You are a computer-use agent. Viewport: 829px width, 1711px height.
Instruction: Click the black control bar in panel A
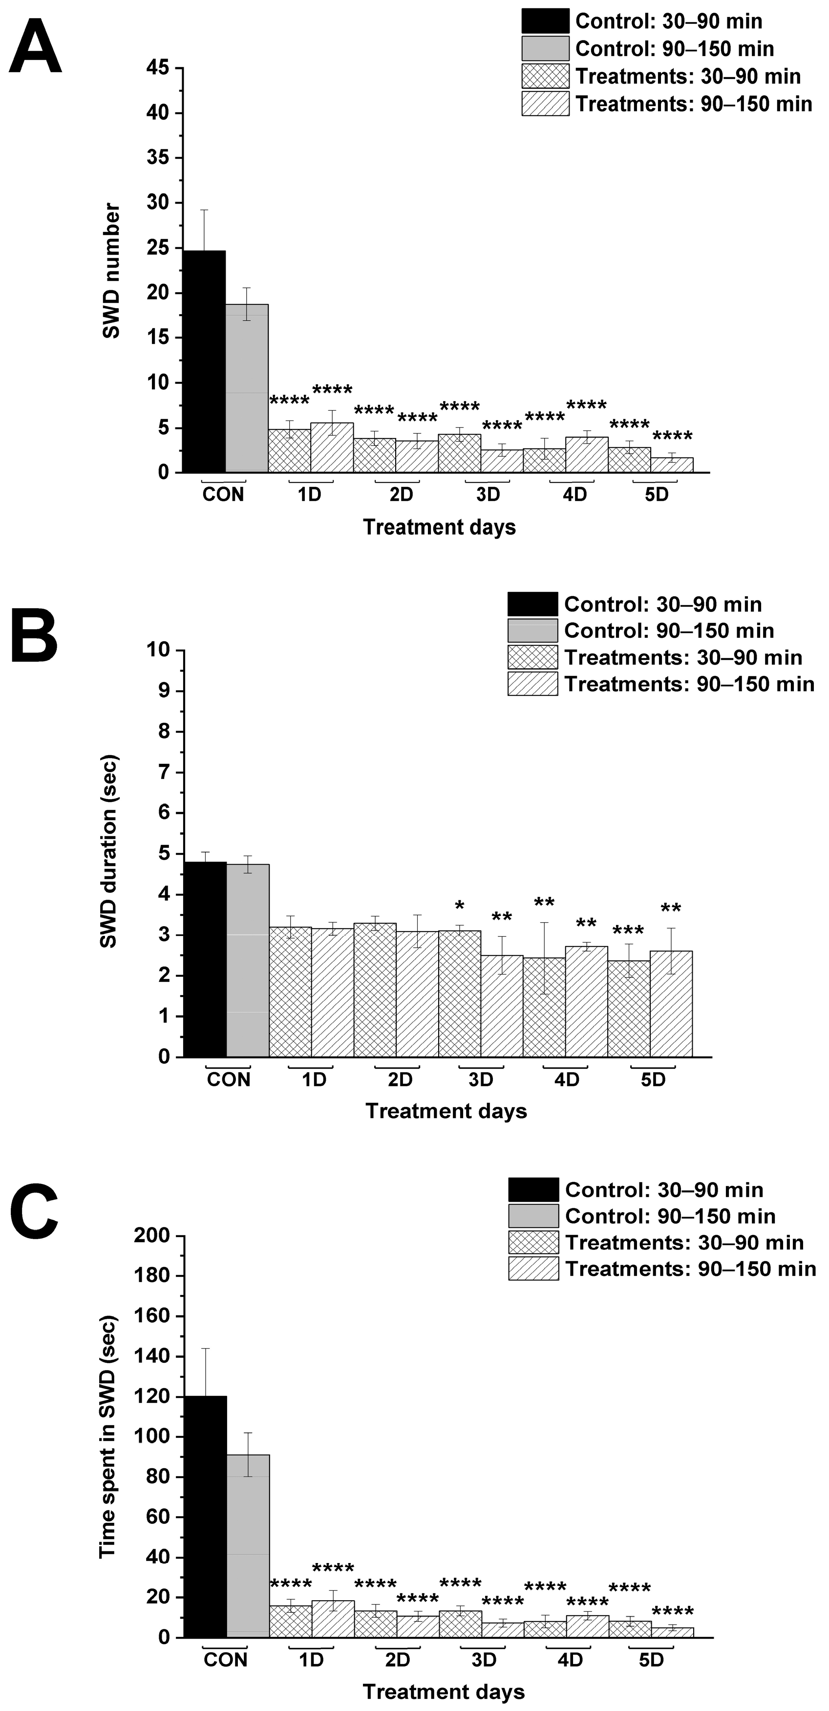coord(204,362)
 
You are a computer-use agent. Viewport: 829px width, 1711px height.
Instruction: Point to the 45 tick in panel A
coord(157,68)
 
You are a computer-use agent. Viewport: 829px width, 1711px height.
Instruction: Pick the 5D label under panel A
coord(656,495)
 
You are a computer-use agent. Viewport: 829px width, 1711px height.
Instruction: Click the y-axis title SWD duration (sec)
coord(108,851)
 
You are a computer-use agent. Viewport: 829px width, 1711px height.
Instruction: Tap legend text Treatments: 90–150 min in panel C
coord(690,1269)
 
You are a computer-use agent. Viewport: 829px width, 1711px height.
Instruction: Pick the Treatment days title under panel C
coord(444,1692)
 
